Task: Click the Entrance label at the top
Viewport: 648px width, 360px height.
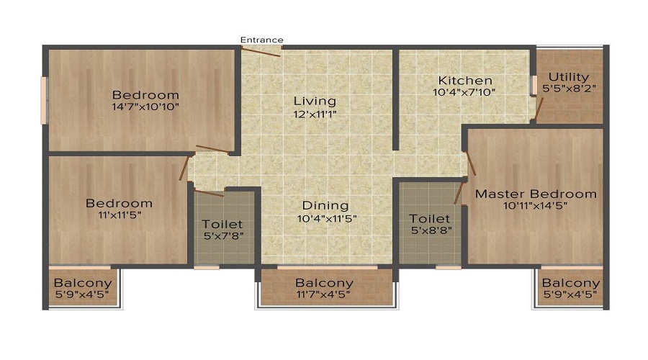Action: point(261,40)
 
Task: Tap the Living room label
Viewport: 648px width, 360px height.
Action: point(315,101)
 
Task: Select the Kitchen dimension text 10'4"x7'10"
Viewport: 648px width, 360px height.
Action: point(464,92)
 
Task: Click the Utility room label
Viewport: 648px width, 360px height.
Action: point(569,77)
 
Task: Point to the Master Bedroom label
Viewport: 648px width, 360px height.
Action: point(536,194)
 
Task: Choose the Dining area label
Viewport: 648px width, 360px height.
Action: point(325,206)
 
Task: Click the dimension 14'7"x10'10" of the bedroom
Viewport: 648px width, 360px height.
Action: point(145,107)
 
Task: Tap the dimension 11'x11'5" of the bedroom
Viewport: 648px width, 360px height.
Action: point(119,215)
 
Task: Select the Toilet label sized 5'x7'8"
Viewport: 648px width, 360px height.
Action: point(222,225)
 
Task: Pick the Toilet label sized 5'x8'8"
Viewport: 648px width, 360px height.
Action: point(430,219)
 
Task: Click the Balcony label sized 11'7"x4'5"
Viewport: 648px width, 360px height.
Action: point(325,283)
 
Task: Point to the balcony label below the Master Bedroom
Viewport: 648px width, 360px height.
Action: point(571,283)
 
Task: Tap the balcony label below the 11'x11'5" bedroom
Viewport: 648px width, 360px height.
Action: point(83,283)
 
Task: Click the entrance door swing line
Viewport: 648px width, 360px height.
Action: point(261,52)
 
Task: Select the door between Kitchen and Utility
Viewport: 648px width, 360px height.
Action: point(539,109)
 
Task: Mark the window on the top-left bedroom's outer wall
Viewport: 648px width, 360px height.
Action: point(43,100)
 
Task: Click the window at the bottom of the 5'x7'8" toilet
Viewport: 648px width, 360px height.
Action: point(206,267)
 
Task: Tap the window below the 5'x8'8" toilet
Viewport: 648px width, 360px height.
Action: point(449,267)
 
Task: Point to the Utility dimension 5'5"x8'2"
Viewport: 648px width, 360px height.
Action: point(570,89)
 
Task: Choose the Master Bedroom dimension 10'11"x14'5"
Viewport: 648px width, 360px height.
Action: point(536,205)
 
